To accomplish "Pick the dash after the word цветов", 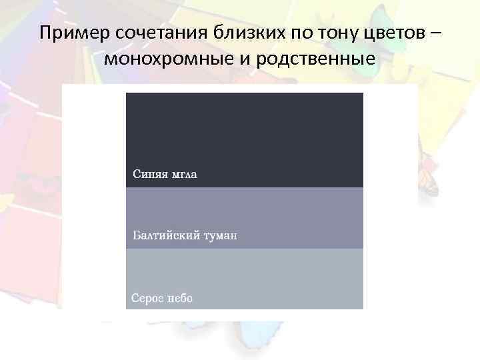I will pyautogui.click(x=435, y=33).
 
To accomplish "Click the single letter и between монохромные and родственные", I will pyautogui.click(x=240, y=61).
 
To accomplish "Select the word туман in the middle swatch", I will pyautogui.click(x=221, y=235).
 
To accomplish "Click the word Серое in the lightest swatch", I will pyautogui.click(x=147, y=298).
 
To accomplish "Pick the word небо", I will pyautogui.click(x=179, y=298).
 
